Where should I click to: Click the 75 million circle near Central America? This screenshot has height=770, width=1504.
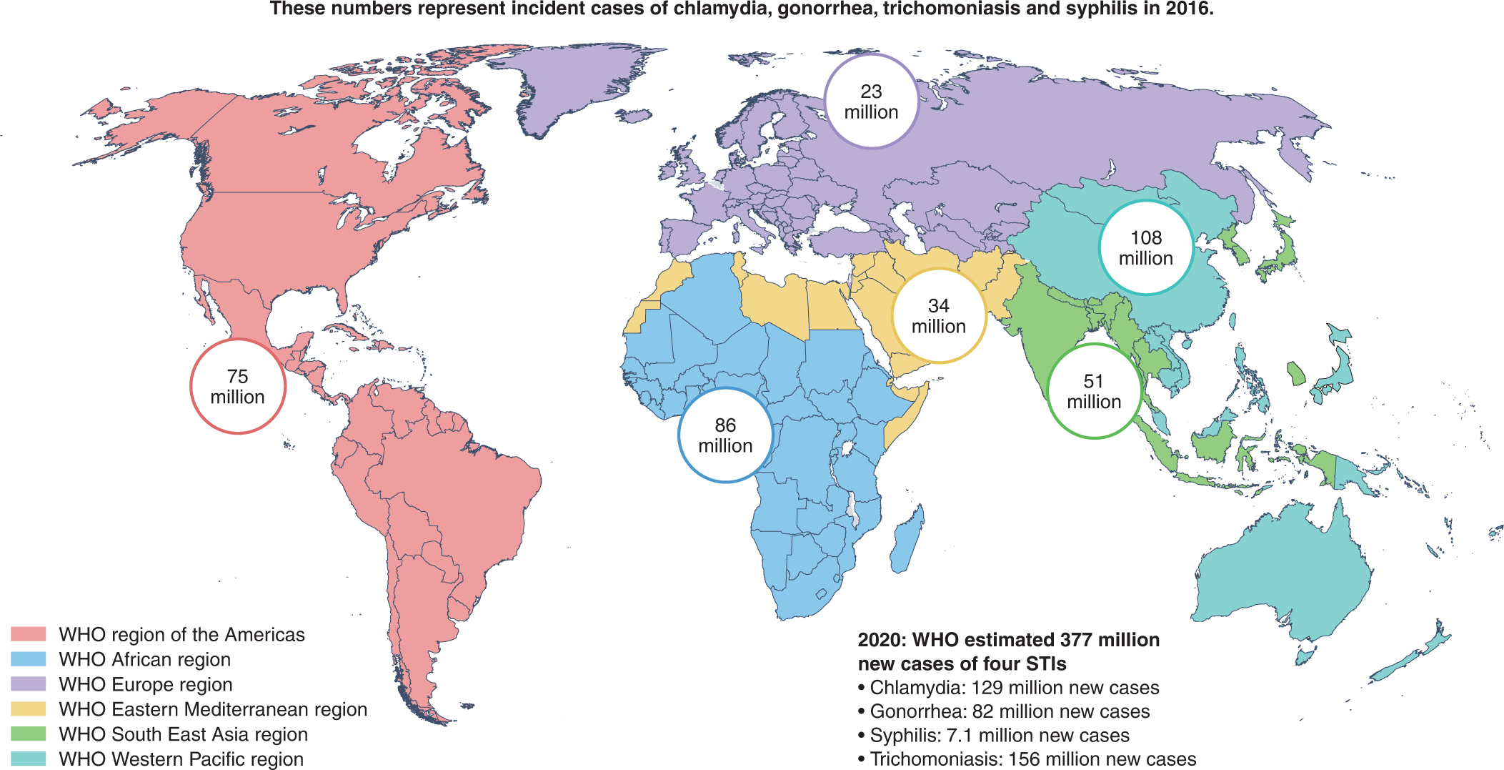[238, 386]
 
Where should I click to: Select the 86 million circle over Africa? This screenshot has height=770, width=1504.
[725, 435]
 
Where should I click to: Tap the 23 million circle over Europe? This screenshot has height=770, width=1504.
[871, 102]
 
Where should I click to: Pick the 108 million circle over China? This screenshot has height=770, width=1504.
[1145, 247]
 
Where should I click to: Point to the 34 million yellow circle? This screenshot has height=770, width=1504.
[939, 315]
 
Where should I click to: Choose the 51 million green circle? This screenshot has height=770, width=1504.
[1093, 391]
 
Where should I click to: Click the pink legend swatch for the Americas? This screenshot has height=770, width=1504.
[29, 634]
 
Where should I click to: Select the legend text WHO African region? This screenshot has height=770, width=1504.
[144, 659]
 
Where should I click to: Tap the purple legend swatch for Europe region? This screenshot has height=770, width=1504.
[29, 684]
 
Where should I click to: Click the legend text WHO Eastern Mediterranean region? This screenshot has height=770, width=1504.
[213, 709]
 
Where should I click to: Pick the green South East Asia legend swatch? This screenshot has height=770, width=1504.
[29, 734]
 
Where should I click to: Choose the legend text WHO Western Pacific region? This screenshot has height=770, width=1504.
[181, 759]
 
